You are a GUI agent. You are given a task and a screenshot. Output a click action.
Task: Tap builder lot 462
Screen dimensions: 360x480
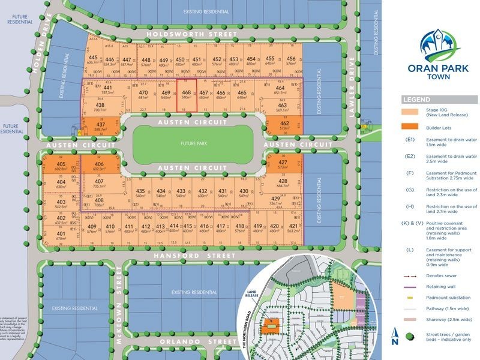[x=284, y=127]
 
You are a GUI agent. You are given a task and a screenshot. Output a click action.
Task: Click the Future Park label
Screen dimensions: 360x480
[x=193, y=144]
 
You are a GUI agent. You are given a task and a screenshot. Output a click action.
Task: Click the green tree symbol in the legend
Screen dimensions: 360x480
[x=411, y=336]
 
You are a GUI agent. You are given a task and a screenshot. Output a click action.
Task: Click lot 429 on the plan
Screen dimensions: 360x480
[x=277, y=202]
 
